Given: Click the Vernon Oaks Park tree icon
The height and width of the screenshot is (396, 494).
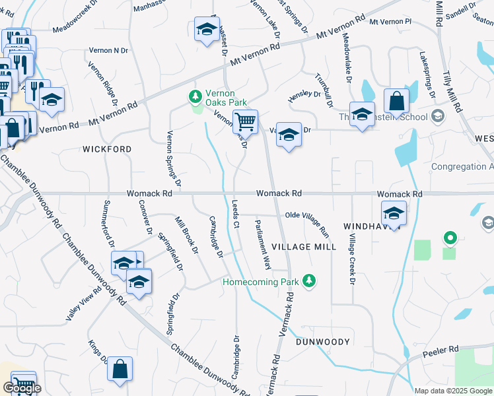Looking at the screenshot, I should [195, 97].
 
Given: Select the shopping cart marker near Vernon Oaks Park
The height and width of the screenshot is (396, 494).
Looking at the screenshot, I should [245, 121].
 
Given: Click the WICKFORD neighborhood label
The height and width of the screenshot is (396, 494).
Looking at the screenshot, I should [107, 149].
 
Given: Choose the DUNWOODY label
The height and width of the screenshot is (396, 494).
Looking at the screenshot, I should [322, 342].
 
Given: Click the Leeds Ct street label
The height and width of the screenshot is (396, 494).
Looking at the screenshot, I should [234, 214].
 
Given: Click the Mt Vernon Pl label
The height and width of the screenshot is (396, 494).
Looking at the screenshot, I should [390, 22].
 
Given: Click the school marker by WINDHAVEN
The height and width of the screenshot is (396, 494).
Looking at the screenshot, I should [394, 213].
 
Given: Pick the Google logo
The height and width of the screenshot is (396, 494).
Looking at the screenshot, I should [21, 388].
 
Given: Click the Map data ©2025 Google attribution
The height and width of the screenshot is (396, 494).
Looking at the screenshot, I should [452, 391].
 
